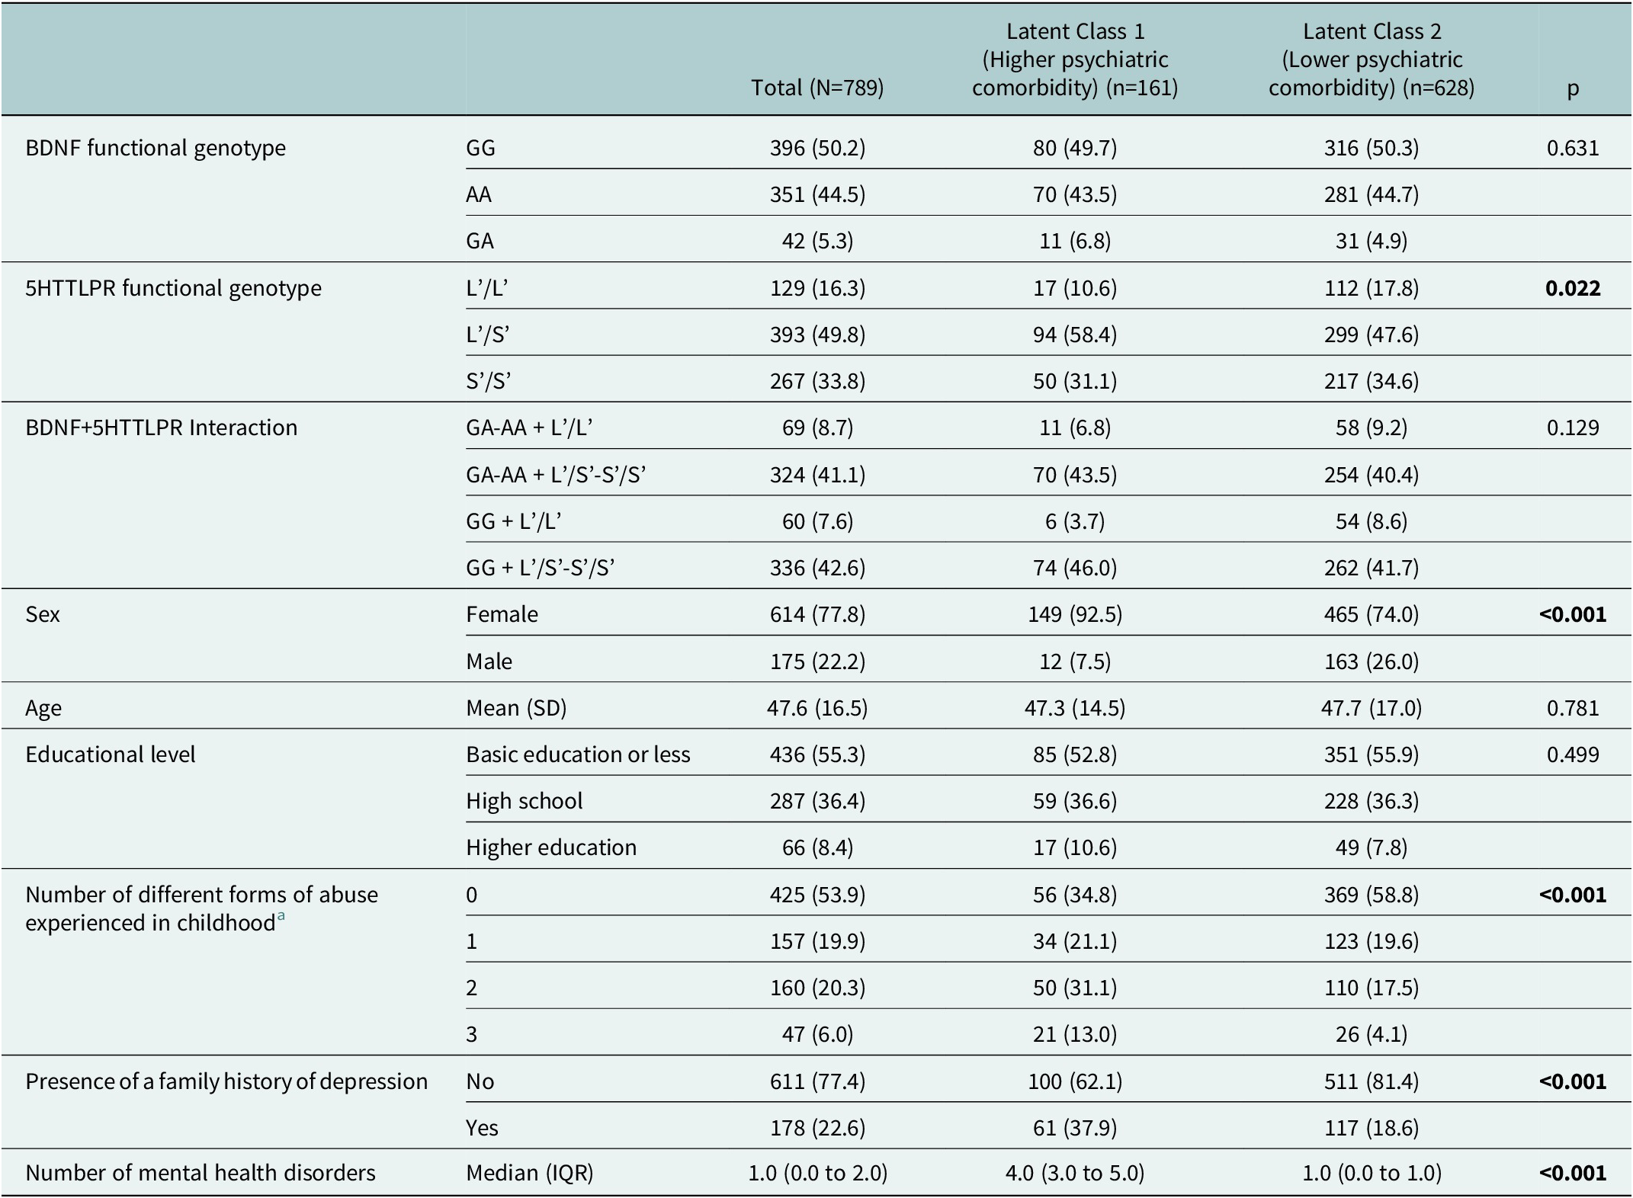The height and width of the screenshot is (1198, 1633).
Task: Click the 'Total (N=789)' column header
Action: point(817,88)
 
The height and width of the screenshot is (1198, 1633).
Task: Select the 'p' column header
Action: point(1573,90)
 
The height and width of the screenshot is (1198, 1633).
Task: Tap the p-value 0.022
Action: point(1573,288)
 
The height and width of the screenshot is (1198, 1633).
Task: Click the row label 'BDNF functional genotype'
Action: point(156,148)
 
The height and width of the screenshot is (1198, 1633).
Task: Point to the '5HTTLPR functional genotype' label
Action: point(174,288)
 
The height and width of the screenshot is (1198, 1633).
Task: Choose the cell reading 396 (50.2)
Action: point(817,148)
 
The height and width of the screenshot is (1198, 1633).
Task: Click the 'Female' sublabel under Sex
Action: point(502,614)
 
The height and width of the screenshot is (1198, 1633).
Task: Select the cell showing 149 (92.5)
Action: point(1075,614)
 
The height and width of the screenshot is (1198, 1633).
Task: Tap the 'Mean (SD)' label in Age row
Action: point(516,708)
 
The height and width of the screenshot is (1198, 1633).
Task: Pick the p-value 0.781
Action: point(1573,708)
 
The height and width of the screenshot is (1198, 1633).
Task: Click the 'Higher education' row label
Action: point(551,847)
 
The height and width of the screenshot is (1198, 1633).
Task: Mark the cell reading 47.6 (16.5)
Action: point(817,708)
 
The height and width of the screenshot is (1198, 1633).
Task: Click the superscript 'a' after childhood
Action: point(281,917)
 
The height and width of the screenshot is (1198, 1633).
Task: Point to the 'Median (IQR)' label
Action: point(529,1172)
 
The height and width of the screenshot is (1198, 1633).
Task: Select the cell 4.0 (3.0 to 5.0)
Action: point(1075,1172)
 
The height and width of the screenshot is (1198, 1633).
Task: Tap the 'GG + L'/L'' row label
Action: point(514,521)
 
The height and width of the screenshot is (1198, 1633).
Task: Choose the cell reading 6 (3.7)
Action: point(1075,521)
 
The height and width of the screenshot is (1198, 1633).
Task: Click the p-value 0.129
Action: point(1573,428)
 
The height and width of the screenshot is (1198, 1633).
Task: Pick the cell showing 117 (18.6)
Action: point(1372,1128)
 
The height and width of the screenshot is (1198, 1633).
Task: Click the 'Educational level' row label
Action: point(111,754)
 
